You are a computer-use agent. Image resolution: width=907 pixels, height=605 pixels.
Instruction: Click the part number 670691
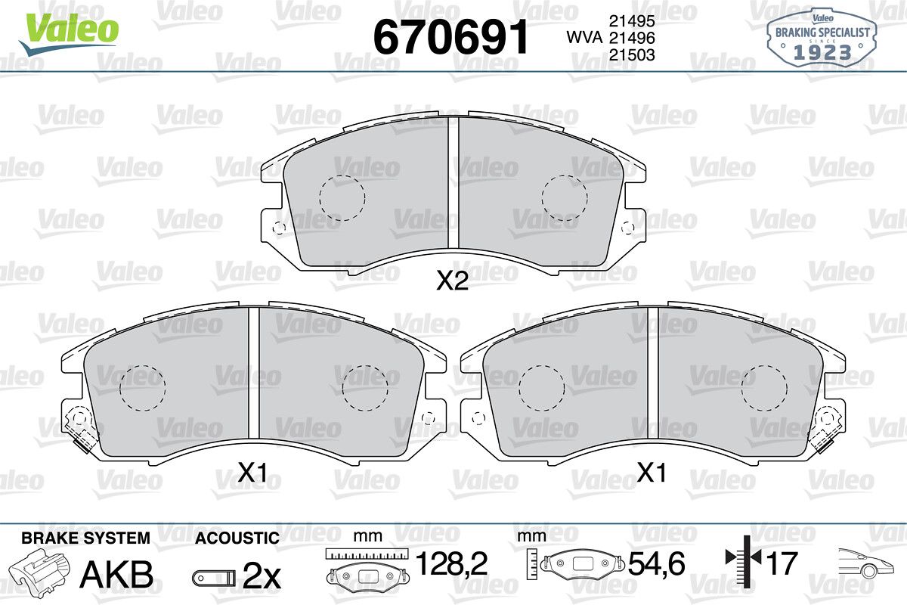450,37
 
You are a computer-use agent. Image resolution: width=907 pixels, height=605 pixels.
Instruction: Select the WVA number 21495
632,20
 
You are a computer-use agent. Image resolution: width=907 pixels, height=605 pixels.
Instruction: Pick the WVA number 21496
632,38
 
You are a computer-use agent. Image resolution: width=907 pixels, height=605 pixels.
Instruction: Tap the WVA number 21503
632,54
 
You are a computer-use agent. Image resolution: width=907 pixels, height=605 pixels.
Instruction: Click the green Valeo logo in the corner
69,33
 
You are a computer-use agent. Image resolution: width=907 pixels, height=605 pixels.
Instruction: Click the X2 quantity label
452,281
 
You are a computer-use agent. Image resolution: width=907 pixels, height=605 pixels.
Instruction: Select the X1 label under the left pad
252,473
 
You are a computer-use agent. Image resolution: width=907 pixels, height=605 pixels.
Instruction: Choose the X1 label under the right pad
652,473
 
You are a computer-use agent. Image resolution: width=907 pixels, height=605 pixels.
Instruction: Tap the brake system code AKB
116,574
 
